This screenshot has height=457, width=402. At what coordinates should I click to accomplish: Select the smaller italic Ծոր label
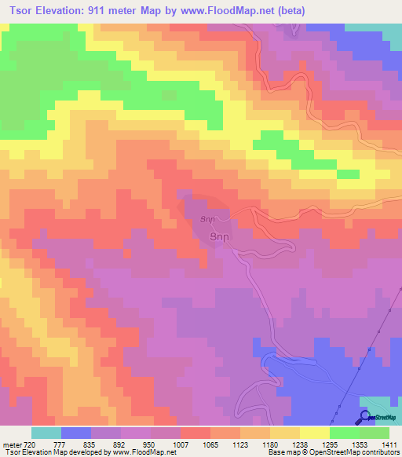point(207,220)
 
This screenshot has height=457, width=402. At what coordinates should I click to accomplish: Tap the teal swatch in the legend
point(46,433)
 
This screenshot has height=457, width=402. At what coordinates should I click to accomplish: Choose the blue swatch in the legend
point(75,433)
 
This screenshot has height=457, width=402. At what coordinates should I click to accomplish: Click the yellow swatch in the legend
point(314,433)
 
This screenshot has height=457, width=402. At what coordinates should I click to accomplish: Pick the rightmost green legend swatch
point(375,433)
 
